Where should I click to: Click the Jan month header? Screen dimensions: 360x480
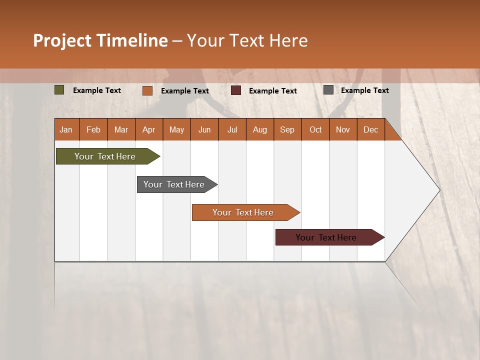click(x=66, y=130)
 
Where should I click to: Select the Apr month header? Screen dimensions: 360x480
click(x=148, y=130)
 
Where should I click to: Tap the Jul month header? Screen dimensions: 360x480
click(x=232, y=130)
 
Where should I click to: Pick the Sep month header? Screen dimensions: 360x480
click(x=287, y=130)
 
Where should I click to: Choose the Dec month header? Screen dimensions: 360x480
click(x=370, y=130)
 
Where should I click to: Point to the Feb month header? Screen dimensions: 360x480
click(x=93, y=130)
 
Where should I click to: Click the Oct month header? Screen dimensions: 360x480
click(x=315, y=130)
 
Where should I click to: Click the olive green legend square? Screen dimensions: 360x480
click(x=59, y=90)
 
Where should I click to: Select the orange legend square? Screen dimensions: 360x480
click(x=147, y=90)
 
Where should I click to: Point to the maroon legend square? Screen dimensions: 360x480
click(x=236, y=90)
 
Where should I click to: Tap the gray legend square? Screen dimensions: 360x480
click(x=328, y=90)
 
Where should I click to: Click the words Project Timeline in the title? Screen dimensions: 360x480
click(x=100, y=40)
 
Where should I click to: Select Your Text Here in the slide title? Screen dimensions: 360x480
click(x=247, y=40)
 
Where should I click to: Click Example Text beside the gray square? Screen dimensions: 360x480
click(x=364, y=90)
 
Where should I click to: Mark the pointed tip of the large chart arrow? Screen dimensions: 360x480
click(x=439, y=190)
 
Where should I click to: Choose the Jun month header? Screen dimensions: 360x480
click(x=204, y=130)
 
